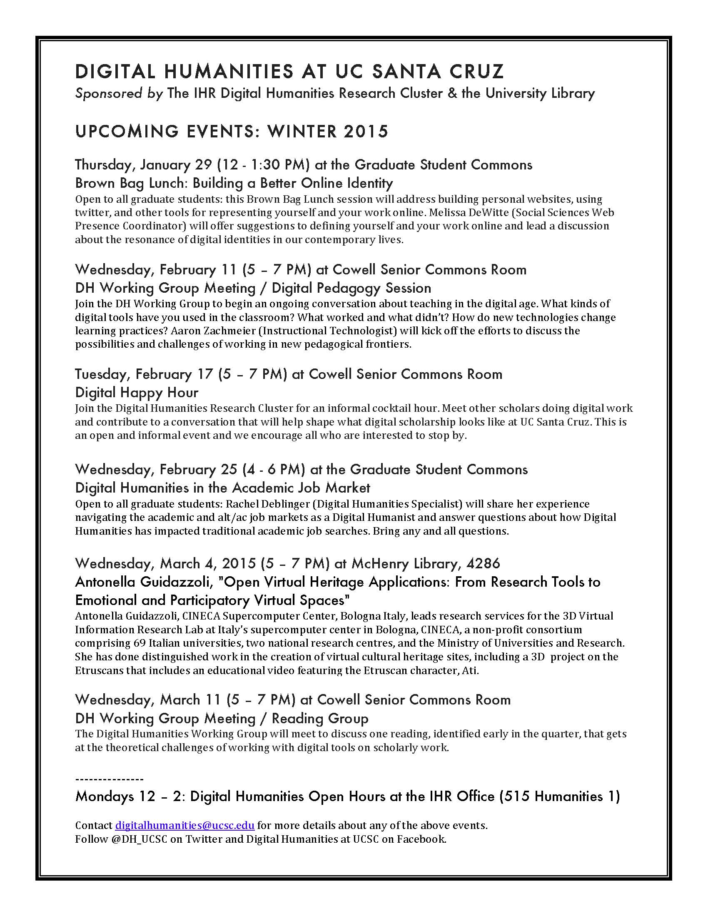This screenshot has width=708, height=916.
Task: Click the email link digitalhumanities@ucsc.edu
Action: tap(184, 825)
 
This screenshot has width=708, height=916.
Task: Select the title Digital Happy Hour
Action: tap(137, 393)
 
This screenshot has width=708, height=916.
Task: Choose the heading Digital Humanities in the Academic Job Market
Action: tap(222, 488)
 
